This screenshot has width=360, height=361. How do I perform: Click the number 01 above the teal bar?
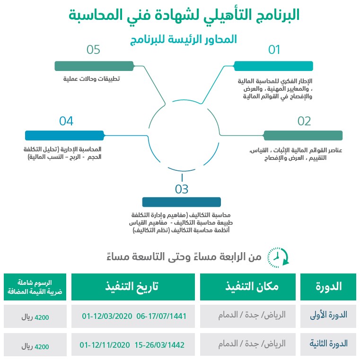coord(274,50)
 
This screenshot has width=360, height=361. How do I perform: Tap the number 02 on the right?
coord(304,122)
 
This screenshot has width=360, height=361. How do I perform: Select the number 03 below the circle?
coord(182,190)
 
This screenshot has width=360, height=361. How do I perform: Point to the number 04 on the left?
coord(66,122)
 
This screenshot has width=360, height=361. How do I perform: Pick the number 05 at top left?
coord(94,50)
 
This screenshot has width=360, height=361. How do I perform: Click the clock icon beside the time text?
coord(278,257)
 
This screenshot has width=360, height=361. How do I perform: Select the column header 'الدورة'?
coord(328,287)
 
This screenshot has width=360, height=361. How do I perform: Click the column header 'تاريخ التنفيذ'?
coord(133,287)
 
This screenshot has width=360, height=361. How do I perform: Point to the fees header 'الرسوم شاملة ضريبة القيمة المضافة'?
coord(35,287)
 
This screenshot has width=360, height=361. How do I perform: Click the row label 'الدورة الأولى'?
coord(330,316)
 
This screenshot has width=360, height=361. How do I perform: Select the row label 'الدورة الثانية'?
coord(329,344)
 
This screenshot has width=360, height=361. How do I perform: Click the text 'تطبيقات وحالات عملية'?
coord(92,79)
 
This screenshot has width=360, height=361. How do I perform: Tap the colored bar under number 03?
coord(182,202)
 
